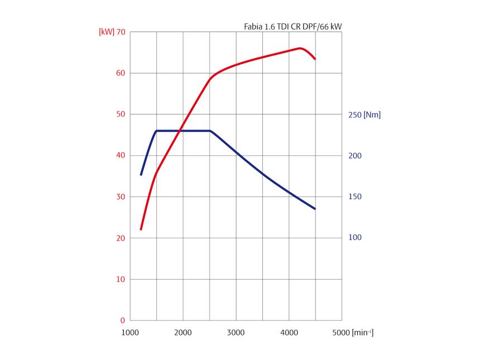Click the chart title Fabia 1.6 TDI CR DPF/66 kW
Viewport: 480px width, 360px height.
(292, 26)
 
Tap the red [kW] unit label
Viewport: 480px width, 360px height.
(106, 32)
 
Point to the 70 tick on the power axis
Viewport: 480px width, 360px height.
(121, 32)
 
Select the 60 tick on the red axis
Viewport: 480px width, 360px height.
(121, 73)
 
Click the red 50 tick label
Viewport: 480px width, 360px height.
(121, 114)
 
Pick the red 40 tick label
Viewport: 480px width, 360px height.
(121, 156)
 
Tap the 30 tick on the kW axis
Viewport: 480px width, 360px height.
(121, 197)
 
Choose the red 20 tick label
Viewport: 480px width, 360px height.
(121, 238)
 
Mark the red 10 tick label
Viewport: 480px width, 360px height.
(121, 280)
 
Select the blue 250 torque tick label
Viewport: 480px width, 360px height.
(354, 115)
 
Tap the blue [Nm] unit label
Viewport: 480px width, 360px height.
(372, 115)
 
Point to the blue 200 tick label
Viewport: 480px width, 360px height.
(355, 156)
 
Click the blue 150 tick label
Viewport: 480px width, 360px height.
(355, 197)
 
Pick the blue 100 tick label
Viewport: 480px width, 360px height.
(355, 238)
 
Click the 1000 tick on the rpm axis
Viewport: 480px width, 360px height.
(130, 333)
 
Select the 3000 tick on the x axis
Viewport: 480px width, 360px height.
(236, 333)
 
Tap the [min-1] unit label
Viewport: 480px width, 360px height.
(362, 333)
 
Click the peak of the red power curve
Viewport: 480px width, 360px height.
(300, 48)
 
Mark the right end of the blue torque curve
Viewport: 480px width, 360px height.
(315, 209)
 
